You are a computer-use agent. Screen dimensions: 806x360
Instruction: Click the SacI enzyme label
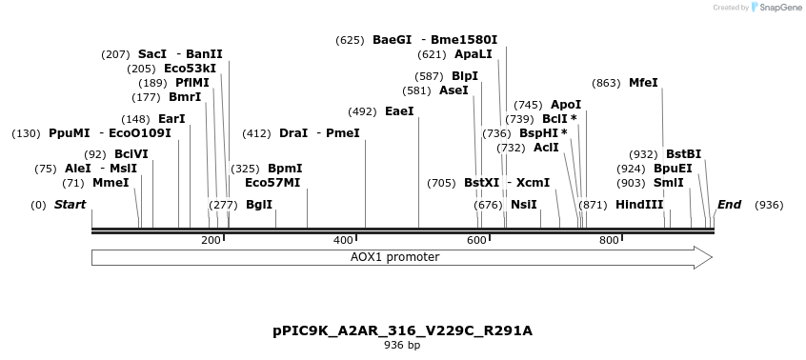point(152,54)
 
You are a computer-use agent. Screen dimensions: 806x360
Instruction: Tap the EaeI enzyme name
point(399,111)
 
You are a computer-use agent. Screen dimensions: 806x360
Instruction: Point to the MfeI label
point(643,83)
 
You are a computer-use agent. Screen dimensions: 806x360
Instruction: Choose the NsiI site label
point(524,205)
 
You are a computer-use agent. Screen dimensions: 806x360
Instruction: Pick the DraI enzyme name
point(293,133)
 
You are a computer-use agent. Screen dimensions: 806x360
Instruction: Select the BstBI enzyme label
point(683,154)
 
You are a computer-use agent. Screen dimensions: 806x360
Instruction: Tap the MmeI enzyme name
point(111,183)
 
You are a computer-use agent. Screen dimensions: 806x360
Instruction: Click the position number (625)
point(350,40)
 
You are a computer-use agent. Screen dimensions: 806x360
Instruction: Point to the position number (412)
point(256,133)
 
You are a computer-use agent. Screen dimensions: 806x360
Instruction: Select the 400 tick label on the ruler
point(343,240)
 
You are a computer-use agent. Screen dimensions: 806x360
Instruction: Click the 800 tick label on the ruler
point(609,240)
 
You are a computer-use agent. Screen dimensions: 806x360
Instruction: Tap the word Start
point(70,205)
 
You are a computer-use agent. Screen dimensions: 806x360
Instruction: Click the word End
point(729,205)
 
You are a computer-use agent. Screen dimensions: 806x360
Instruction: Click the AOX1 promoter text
point(394,257)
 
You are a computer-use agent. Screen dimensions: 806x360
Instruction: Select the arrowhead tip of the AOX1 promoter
point(711,257)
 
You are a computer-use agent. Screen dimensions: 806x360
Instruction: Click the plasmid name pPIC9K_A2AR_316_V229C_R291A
point(402,330)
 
